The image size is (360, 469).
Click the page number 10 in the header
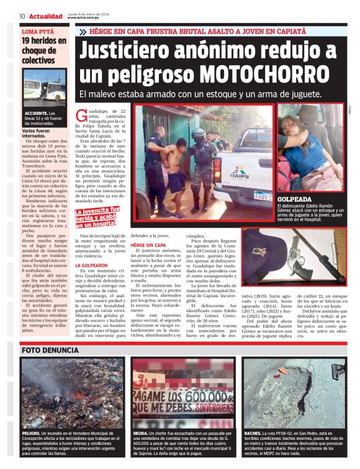(x=22, y=16)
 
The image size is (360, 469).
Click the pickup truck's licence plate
(x=263, y=195)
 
